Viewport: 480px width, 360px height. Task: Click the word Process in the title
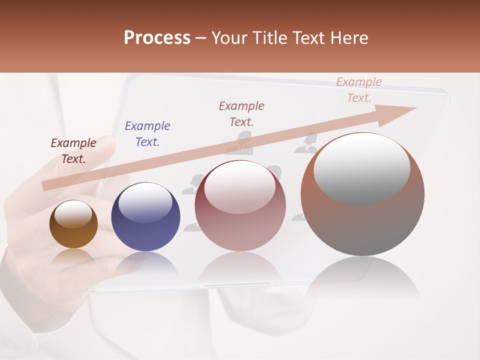coord(157,38)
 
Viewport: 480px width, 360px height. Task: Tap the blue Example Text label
coord(147,134)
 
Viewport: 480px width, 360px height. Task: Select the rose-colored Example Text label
coord(241,113)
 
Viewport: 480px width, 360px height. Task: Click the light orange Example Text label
coord(359,90)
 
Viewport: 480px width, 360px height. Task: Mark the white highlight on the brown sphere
coord(73,214)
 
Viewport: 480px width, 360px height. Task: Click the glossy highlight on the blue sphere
coord(145,202)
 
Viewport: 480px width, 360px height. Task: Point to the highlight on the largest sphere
coord(362,168)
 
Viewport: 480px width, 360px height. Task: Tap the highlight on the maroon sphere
coord(240,187)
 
